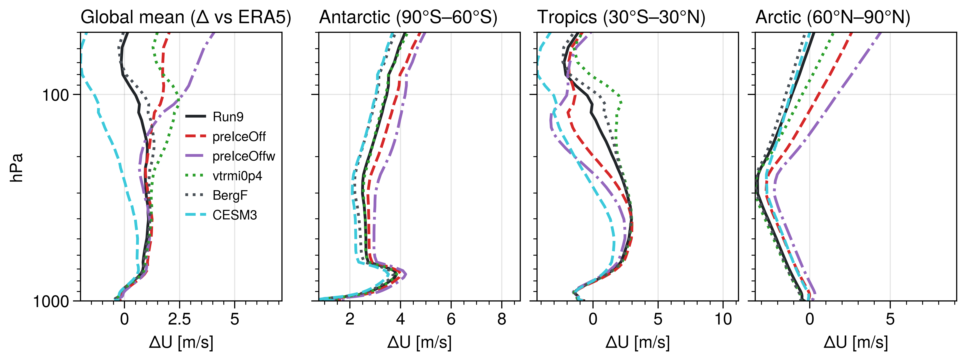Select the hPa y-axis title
tap(17, 167)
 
